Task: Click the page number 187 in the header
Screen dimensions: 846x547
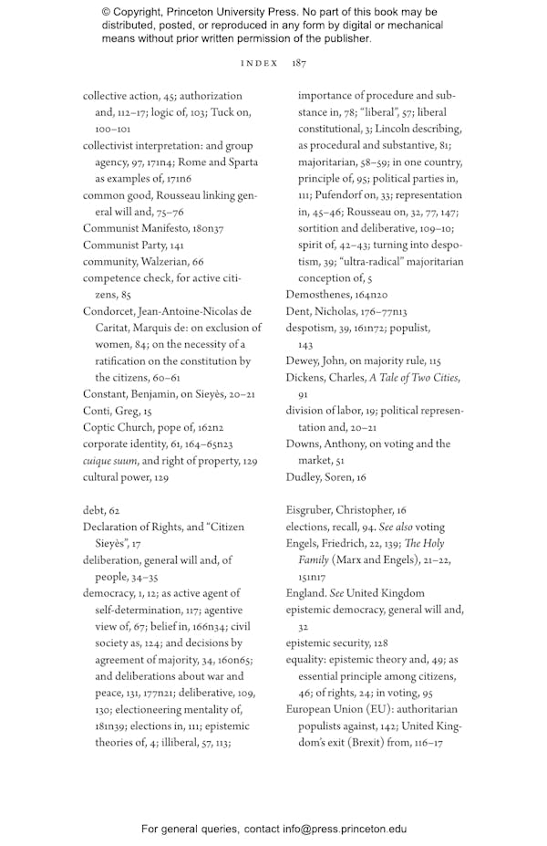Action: (298, 63)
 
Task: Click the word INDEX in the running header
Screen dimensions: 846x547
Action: (259, 63)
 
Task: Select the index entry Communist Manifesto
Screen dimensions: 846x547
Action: (132, 228)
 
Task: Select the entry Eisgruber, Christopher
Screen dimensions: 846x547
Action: (338, 510)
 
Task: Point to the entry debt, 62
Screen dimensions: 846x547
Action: (101, 510)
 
